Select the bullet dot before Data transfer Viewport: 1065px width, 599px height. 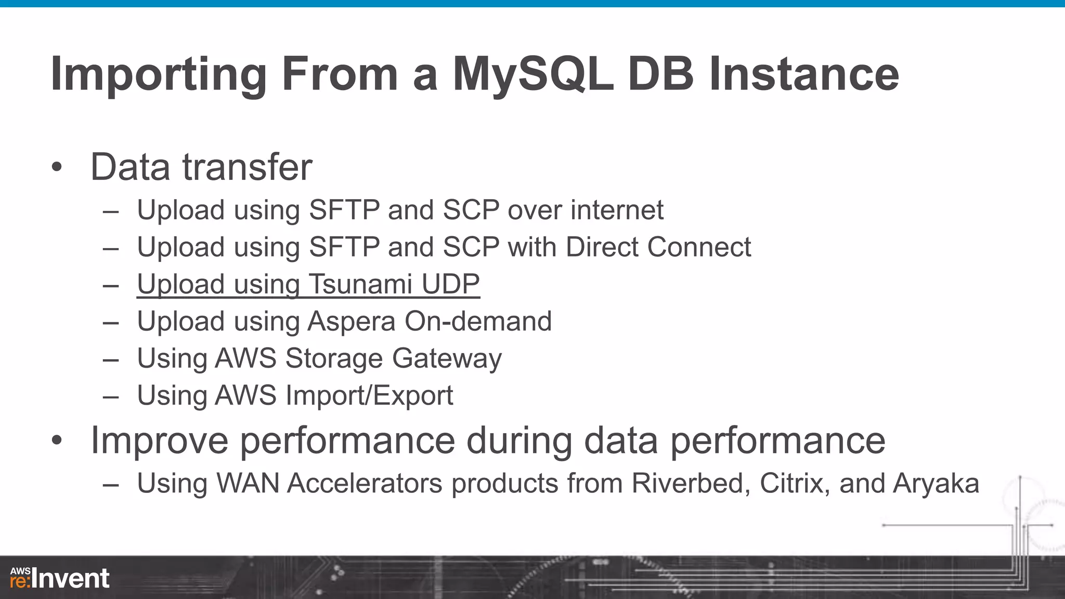click(57, 167)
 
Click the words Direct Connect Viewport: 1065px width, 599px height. click(658, 247)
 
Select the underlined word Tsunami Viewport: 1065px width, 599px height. click(361, 284)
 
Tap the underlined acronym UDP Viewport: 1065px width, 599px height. click(450, 284)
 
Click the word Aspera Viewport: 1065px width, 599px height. click(351, 321)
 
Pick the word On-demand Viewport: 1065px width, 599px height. click(478, 321)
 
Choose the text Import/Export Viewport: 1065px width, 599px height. click(369, 396)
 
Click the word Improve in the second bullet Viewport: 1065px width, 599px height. click(159, 441)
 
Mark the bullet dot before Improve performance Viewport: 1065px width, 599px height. click(57, 440)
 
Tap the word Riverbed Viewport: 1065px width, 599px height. click(691, 484)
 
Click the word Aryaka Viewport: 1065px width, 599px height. click(936, 484)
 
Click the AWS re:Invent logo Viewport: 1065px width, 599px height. click(60, 578)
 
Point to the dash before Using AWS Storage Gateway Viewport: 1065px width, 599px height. click(111, 359)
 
